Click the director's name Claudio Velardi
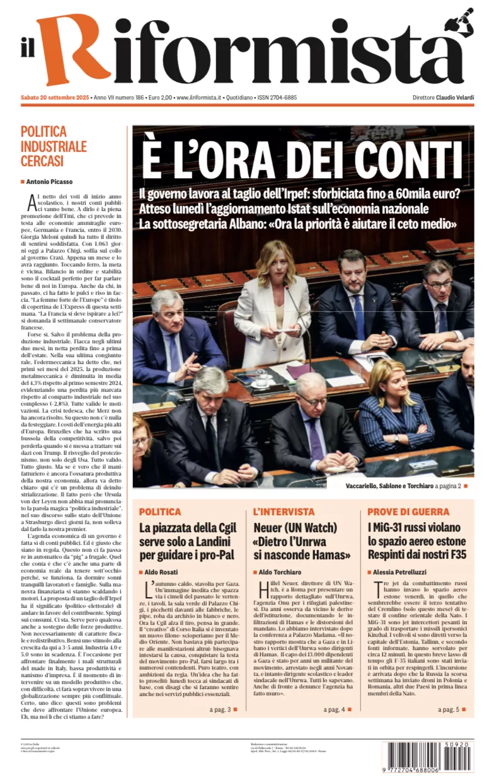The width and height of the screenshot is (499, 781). click(x=455, y=98)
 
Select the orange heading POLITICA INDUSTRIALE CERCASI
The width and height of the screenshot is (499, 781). click(x=54, y=146)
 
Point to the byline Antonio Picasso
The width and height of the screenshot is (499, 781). click(x=49, y=182)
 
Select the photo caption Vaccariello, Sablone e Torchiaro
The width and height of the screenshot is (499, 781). click(x=407, y=486)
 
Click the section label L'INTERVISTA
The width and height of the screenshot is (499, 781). click(x=284, y=512)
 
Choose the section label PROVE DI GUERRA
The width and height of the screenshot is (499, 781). click(x=408, y=512)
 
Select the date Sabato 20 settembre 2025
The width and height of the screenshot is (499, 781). click(x=54, y=98)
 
